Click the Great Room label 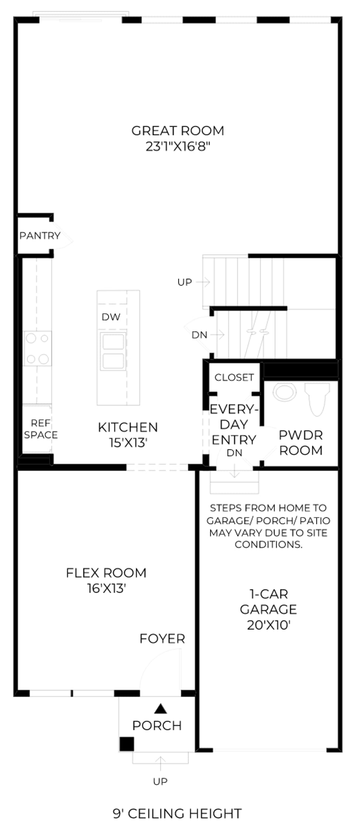[178, 131]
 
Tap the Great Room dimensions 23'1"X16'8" [178, 147]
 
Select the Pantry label [40, 236]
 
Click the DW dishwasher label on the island [111, 317]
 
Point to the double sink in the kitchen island [113, 351]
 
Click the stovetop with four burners [37, 348]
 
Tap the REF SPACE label [41, 429]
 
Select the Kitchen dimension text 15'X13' [128, 443]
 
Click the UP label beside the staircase [185, 282]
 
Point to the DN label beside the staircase [199, 335]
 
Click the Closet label [234, 377]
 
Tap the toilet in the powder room [317, 399]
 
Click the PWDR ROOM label [301, 443]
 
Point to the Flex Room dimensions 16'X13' [107, 588]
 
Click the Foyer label [162, 639]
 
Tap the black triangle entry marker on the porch [160, 708]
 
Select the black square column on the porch [127, 744]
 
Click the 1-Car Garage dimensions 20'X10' [269, 625]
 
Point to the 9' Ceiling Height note [177, 814]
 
